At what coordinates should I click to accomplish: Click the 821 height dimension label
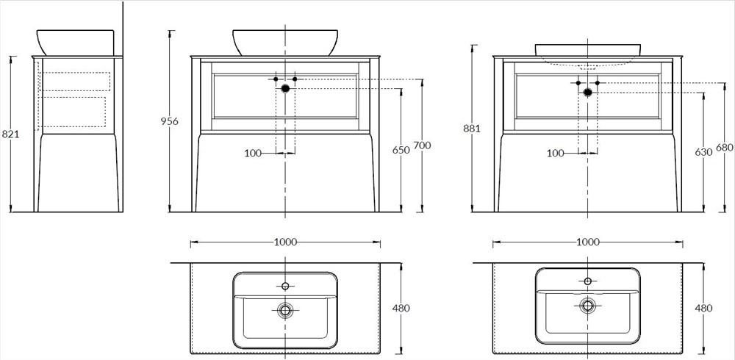tap(10, 134)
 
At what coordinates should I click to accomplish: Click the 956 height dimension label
tap(170, 121)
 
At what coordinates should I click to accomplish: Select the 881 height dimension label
tap(471, 129)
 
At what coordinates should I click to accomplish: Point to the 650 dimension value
tap(401, 150)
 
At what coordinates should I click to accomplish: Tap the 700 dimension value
tap(422, 145)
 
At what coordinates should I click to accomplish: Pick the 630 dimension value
tap(703, 152)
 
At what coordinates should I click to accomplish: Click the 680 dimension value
tap(724, 148)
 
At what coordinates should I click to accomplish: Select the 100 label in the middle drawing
tap(253, 153)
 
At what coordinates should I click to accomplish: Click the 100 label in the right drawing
tap(556, 153)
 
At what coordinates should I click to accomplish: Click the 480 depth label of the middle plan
tap(401, 309)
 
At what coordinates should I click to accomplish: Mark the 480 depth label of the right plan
tap(703, 309)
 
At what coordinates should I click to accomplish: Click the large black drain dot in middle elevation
tap(285, 88)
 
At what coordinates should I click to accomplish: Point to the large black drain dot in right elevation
tap(588, 92)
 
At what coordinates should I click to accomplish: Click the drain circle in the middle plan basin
tap(285, 311)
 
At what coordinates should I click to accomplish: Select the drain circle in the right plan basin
tap(588, 305)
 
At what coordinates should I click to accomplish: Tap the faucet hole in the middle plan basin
tap(285, 286)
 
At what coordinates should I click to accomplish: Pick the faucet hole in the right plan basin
tap(588, 281)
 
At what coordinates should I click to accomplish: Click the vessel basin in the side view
tap(75, 42)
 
